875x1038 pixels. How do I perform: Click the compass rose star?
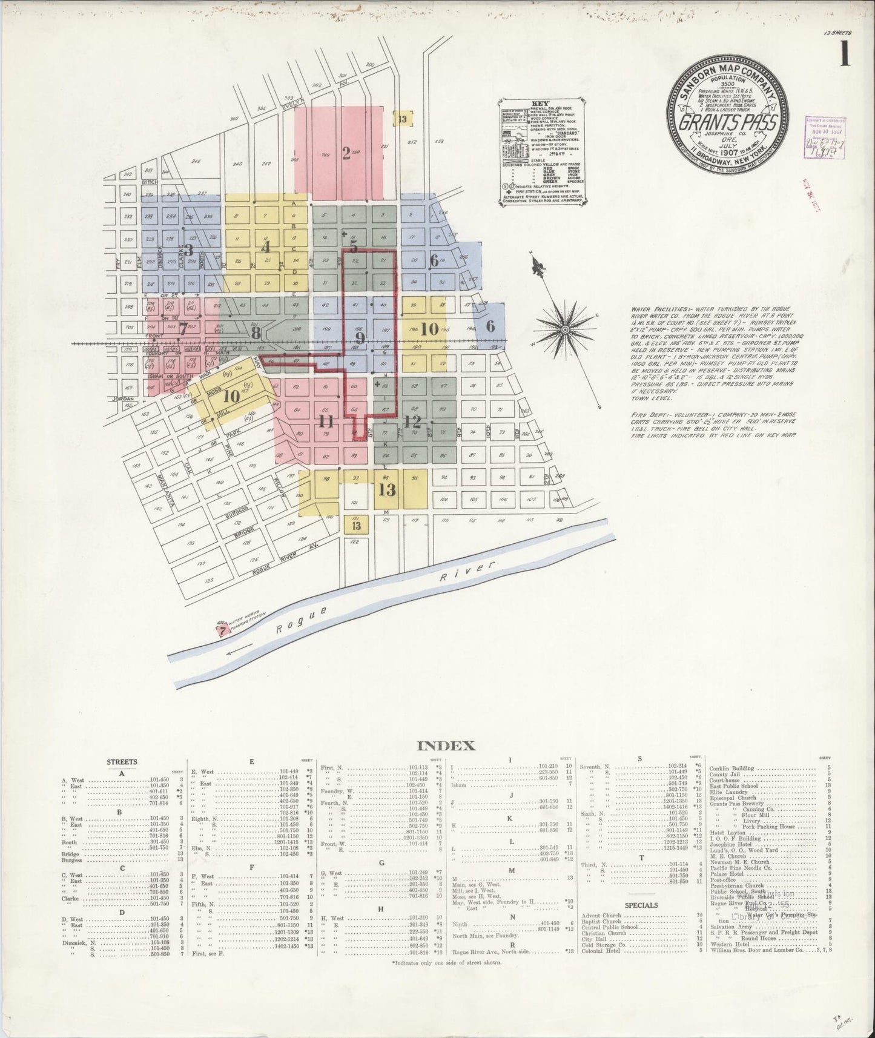564,329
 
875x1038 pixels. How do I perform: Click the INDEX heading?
438,746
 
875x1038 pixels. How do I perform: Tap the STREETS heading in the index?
122,762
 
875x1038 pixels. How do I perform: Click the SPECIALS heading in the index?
638,905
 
